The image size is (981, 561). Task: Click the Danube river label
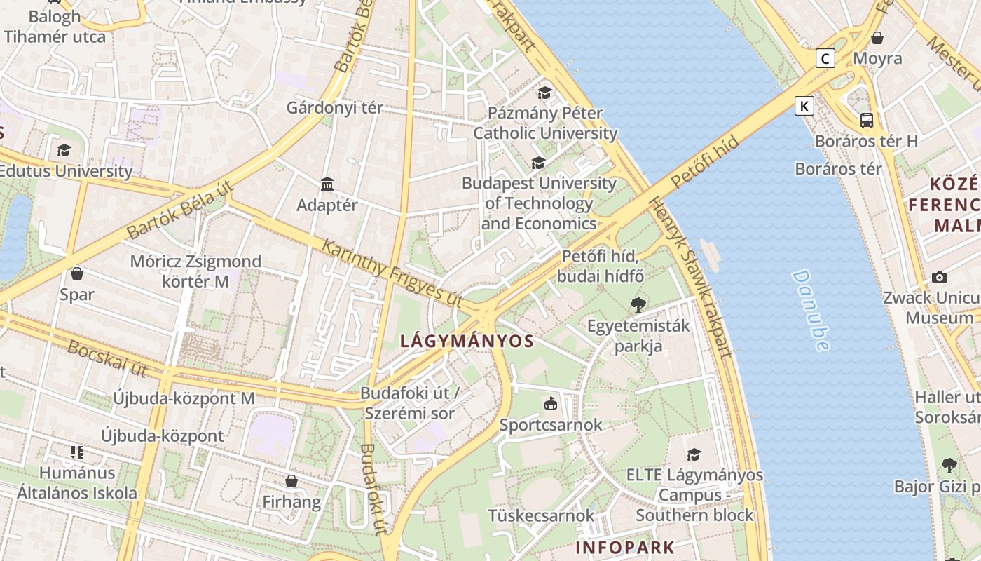coord(811,310)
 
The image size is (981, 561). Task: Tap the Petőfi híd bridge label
coord(705,163)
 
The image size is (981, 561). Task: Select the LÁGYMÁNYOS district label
coord(467,342)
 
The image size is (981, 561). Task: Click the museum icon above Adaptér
coord(327,184)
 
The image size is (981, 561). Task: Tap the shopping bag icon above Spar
coord(77,273)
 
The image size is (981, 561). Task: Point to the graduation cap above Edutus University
coord(64,151)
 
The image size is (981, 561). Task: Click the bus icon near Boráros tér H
coord(867,120)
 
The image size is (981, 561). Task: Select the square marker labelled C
coord(825,58)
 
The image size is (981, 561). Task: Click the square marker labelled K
coord(804,107)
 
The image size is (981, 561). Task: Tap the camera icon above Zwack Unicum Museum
coord(940,277)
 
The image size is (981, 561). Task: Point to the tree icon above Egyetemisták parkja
coord(638,305)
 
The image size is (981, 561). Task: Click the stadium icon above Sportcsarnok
coord(551,404)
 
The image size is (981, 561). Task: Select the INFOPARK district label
coord(625,548)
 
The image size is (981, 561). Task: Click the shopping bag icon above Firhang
coord(291,481)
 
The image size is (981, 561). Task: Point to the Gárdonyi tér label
coord(335,108)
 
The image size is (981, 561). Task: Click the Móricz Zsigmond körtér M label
coord(195,271)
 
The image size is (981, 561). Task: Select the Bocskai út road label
coord(107,357)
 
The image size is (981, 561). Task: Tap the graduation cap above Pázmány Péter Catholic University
coord(544,93)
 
